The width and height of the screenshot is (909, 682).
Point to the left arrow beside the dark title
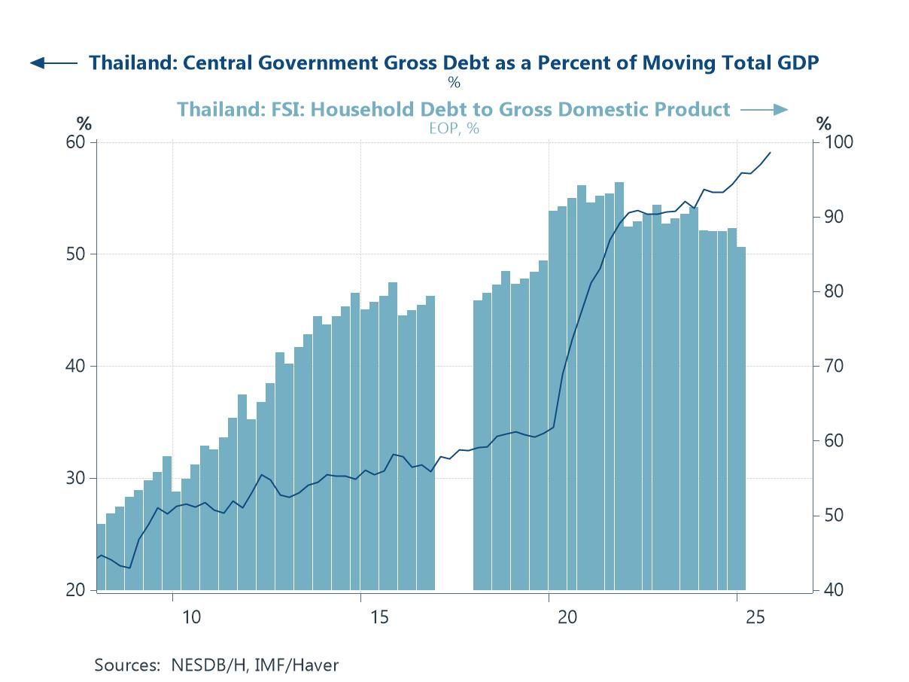[x=53, y=63]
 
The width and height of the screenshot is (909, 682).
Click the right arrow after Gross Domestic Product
[x=764, y=110]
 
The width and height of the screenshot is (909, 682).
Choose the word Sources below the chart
[x=124, y=665]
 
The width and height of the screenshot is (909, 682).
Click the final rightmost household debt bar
[x=741, y=418]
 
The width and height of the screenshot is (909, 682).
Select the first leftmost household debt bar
[x=101, y=557]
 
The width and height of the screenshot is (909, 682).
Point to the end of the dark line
[x=770, y=153]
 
